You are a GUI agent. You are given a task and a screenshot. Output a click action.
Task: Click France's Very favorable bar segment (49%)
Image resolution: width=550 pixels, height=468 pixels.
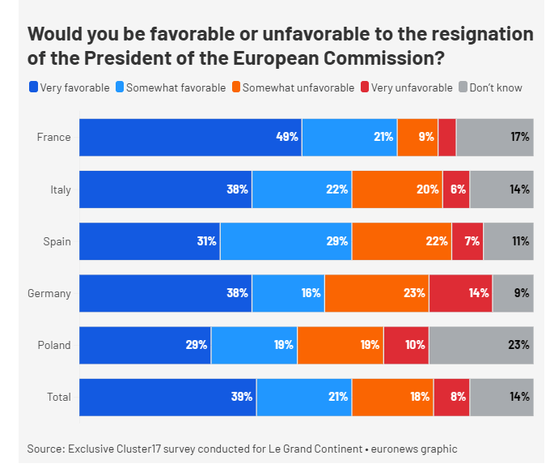pos(190,138)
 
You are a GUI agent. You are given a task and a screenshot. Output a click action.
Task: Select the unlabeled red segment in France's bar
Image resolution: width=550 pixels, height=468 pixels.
pos(446,138)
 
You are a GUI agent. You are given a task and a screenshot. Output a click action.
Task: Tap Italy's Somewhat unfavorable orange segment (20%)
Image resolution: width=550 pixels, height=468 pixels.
pos(396,189)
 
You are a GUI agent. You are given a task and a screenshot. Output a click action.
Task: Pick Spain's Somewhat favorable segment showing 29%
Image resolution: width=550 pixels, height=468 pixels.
pos(286,241)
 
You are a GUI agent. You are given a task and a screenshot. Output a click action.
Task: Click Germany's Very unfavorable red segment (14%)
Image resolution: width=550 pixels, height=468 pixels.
pos(460,293)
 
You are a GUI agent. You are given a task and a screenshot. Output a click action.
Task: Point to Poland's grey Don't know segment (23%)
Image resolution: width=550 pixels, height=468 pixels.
pos(481,345)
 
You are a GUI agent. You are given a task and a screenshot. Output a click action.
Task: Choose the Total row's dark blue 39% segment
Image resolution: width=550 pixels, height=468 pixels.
pos(167,397)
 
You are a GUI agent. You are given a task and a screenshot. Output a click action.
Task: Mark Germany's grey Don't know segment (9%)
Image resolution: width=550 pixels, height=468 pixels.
pos(513,293)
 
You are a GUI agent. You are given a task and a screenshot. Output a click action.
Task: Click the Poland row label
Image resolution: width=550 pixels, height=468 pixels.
pos(54,345)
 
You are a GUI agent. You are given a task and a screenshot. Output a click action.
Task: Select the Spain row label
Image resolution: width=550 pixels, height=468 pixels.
pos(57,241)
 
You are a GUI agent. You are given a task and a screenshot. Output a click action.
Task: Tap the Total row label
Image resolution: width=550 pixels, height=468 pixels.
pos(58,397)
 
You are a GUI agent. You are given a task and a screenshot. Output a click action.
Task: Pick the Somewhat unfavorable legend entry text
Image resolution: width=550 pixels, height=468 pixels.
pos(298,87)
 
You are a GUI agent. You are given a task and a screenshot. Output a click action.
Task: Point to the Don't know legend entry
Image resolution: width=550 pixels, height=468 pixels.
pos(495,87)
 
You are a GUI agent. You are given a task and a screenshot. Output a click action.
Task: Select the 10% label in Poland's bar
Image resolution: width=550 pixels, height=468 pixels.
pos(416,345)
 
